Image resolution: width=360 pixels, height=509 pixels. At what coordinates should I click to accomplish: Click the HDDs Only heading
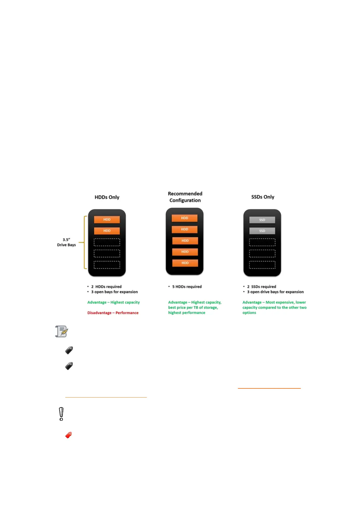click(x=107, y=197)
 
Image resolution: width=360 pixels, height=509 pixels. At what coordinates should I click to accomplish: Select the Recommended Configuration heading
click(x=185, y=197)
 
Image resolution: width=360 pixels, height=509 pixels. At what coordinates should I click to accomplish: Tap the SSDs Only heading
click(x=263, y=197)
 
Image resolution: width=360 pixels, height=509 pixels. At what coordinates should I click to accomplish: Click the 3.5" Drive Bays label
click(x=66, y=242)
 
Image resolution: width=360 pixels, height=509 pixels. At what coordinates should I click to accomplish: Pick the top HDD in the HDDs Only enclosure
click(x=107, y=220)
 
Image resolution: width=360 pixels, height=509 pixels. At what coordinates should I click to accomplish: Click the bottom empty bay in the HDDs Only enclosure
click(x=107, y=265)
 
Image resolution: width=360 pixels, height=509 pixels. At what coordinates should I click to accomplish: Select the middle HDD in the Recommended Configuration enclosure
click(x=185, y=241)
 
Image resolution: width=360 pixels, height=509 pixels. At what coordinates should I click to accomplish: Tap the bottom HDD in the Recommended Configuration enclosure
click(x=185, y=263)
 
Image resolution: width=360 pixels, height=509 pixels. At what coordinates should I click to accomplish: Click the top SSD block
click(x=262, y=220)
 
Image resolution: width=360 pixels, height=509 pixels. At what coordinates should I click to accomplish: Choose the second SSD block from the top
click(x=262, y=231)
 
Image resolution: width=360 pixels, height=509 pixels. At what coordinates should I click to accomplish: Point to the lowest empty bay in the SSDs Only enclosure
click(x=262, y=265)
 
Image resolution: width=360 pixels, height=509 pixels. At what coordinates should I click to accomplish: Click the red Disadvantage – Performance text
click(x=113, y=313)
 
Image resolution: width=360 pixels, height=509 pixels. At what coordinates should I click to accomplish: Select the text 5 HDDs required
click(x=187, y=287)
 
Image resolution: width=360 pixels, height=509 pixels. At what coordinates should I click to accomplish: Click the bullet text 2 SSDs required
click(x=261, y=287)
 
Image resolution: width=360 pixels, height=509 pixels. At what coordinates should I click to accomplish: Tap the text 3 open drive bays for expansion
click(x=275, y=292)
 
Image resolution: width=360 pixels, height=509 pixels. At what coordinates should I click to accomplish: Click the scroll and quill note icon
click(x=62, y=332)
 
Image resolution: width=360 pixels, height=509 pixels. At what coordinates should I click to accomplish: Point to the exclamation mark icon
click(x=61, y=414)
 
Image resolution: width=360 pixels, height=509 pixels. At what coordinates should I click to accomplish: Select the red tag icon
click(x=69, y=435)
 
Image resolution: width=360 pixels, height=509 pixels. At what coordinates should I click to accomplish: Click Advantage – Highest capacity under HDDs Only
click(x=113, y=302)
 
